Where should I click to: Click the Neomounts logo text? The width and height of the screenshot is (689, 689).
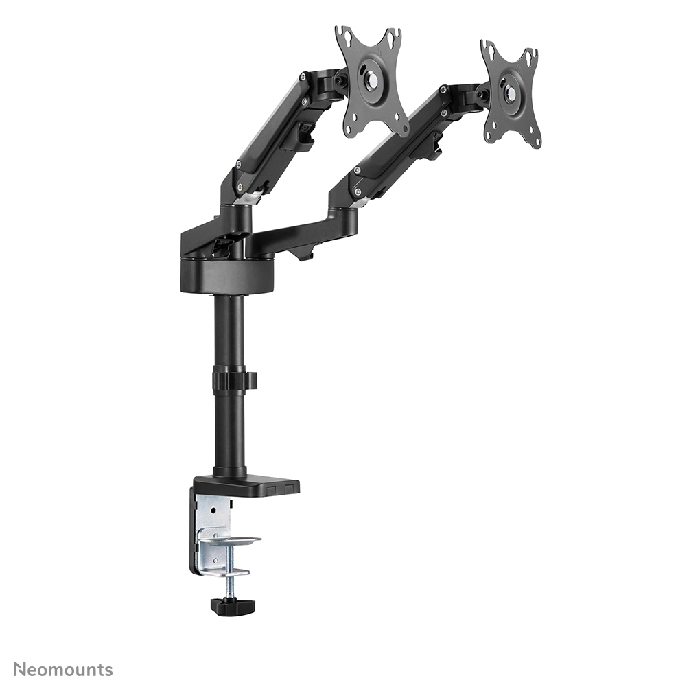point(63,670)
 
